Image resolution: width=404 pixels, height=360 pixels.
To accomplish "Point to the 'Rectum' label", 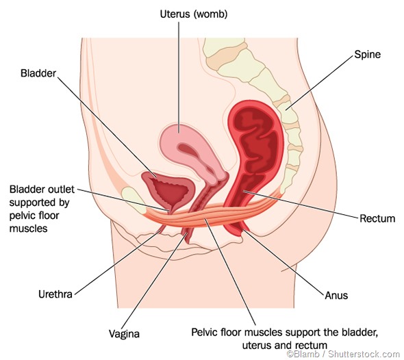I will (378, 219).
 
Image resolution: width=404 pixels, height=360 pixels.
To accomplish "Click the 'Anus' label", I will (336, 296).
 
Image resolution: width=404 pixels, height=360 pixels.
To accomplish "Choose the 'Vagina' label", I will (125, 334).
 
